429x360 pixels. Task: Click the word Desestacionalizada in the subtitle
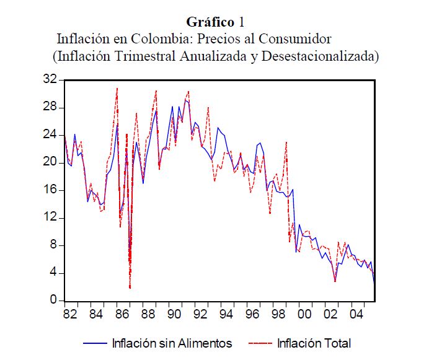coord(319,56)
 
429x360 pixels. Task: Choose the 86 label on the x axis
coord(122,314)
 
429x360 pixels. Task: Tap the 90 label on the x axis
coord(174,314)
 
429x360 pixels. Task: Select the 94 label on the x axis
coord(226,314)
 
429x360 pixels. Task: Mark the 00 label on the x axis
coord(304,314)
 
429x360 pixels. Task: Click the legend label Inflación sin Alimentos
coord(172,343)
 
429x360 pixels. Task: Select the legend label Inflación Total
coord(314,343)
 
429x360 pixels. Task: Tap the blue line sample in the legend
coord(94,343)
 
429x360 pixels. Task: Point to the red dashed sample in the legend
coord(260,343)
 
